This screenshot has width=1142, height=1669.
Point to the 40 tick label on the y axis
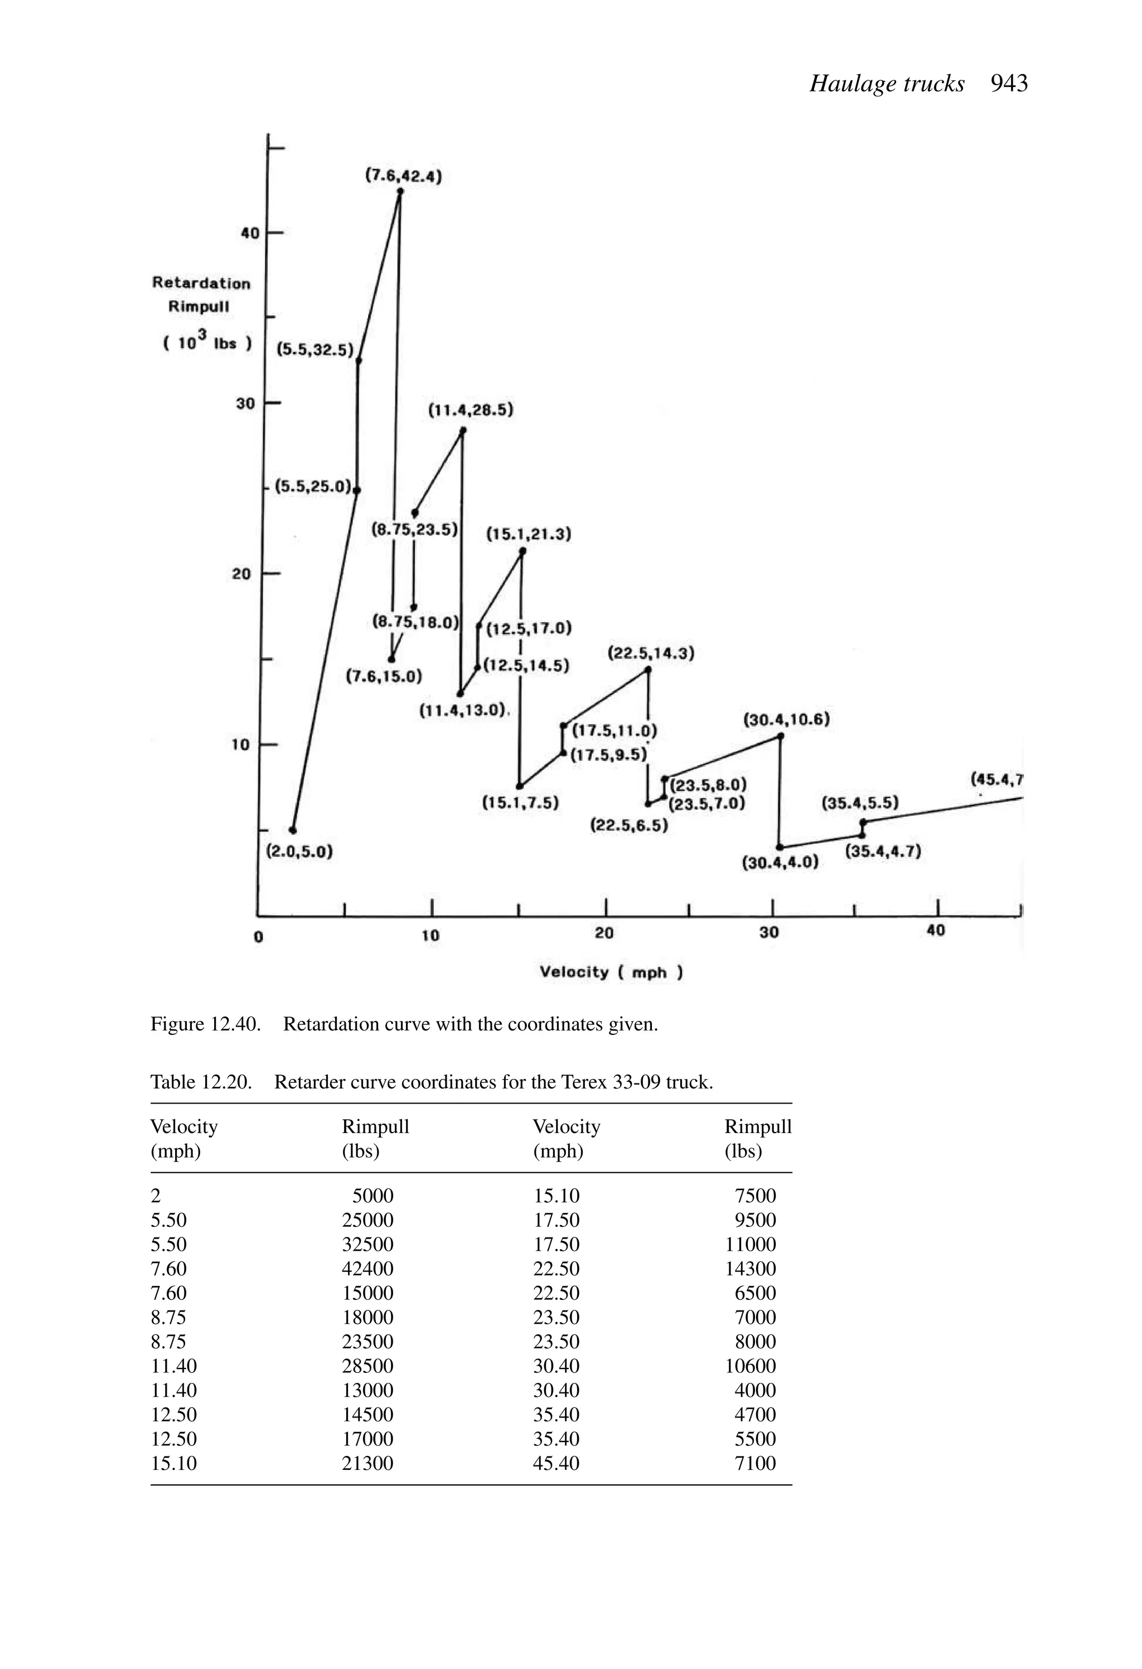[x=250, y=234]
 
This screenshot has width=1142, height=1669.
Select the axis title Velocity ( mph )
[x=611, y=973]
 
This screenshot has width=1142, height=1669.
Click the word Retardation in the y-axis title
[x=201, y=283]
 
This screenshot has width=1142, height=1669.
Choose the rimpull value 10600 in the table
[x=750, y=1366]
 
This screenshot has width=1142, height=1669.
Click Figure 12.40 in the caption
[x=205, y=1023]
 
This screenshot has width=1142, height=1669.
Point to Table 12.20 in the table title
[x=201, y=1082]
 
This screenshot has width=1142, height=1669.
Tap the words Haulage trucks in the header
[x=887, y=84]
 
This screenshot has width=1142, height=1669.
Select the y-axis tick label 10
[x=240, y=745]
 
